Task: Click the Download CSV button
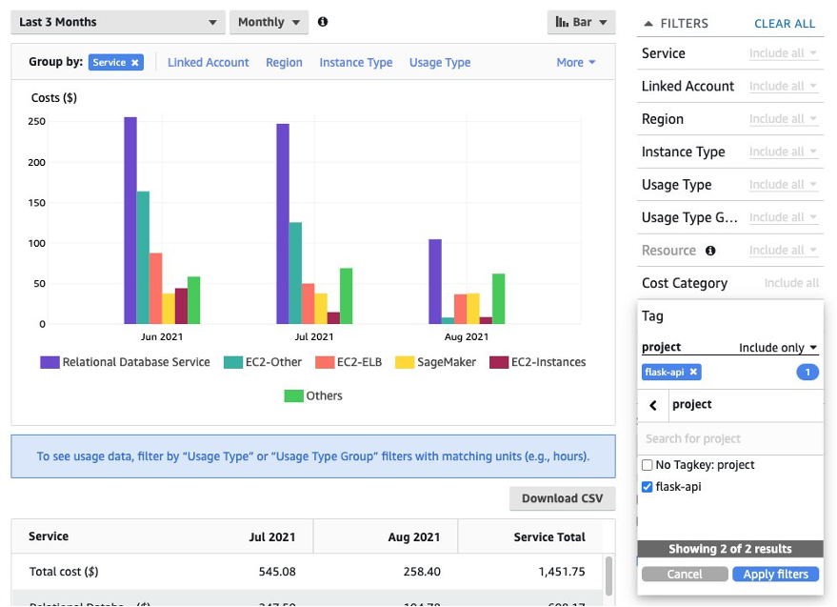(x=563, y=498)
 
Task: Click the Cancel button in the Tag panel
(x=684, y=575)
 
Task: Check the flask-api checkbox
(x=648, y=487)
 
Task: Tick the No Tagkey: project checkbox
(x=648, y=465)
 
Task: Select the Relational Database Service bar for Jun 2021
(x=130, y=221)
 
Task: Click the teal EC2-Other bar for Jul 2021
(x=295, y=273)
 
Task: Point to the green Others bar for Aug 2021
(x=498, y=299)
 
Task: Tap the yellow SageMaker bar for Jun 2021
(x=169, y=309)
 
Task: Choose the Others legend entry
(x=313, y=395)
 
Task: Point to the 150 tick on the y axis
(x=37, y=202)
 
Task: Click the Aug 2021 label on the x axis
(x=467, y=336)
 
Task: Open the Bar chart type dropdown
(x=582, y=22)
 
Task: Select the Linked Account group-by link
(x=208, y=63)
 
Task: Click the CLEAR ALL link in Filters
(x=785, y=23)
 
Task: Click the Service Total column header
(x=549, y=537)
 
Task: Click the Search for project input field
(x=729, y=439)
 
